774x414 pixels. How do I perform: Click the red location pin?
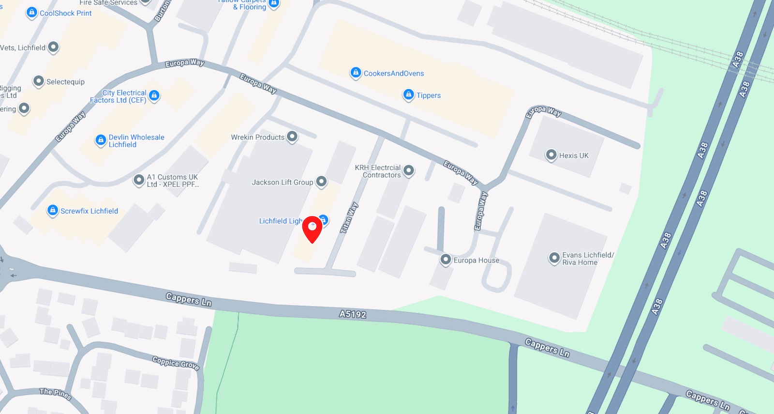click(312, 229)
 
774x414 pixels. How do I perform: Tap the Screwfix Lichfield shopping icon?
click(53, 210)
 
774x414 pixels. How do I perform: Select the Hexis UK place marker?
click(551, 155)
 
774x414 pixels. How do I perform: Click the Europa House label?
click(476, 261)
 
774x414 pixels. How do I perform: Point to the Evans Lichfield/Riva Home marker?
click(554, 258)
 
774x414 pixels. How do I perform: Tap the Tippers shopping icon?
click(408, 94)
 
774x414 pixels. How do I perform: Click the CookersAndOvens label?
click(393, 74)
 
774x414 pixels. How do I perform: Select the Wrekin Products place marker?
click(292, 137)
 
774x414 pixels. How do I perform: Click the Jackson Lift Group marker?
click(321, 182)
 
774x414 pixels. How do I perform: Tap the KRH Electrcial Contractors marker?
click(409, 170)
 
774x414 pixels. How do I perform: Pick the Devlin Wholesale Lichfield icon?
click(101, 140)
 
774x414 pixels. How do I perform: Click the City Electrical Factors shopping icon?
click(154, 95)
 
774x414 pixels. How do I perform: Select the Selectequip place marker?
click(39, 81)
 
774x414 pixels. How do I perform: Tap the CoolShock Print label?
click(65, 13)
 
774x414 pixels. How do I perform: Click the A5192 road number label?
click(353, 314)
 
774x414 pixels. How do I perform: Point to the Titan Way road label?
click(349, 218)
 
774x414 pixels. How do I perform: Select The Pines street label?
click(56, 394)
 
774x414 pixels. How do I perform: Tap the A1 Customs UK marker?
click(139, 180)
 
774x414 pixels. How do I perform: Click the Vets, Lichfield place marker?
click(53, 47)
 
